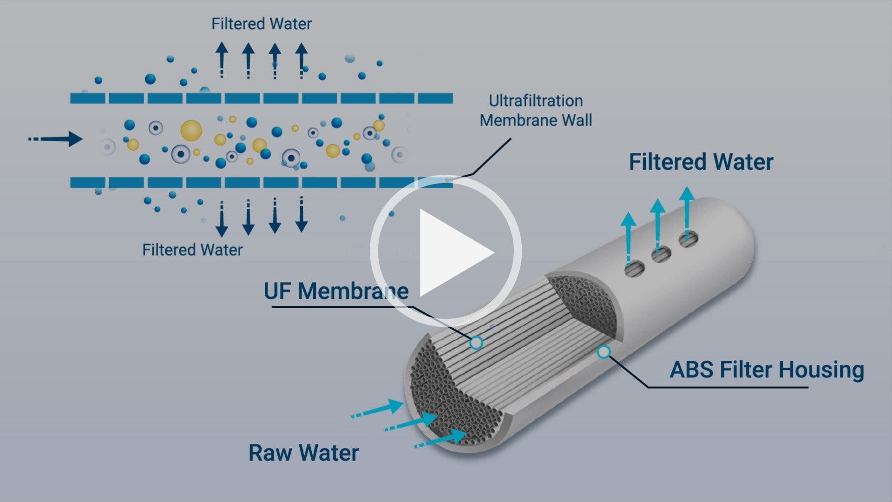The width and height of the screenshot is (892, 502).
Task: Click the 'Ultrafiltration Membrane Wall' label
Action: pyautogui.click(x=536, y=111)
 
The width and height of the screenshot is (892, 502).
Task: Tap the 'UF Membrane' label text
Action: pyautogui.click(x=336, y=291)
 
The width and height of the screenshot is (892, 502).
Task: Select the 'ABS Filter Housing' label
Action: pyautogui.click(x=767, y=370)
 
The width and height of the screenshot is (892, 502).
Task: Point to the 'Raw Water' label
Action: pyautogui.click(x=304, y=453)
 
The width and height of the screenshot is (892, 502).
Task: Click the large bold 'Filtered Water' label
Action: pyautogui.click(x=701, y=162)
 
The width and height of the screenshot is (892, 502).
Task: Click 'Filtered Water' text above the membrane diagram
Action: pyautogui.click(x=261, y=24)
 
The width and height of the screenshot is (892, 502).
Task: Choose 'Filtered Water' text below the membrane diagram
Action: pyautogui.click(x=192, y=250)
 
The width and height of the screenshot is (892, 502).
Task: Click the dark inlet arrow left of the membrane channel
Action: pyautogui.click(x=56, y=139)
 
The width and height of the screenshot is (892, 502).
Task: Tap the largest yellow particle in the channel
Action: pyautogui.click(x=191, y=131)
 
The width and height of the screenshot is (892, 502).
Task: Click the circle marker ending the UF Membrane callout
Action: pyautogui.click(x=476, y=343)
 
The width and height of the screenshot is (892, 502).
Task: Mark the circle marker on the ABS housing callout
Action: pyautogui.click(x=603, y=352)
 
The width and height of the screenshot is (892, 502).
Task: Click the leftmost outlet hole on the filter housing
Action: pyautogui.click(x=635, y=269)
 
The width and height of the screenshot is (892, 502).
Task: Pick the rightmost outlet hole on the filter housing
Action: pyautogui.click(x=688, y=239)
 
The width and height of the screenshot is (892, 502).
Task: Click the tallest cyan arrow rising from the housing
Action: pyautogui.click(x=687, y=211)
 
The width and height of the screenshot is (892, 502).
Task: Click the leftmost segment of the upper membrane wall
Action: pyautogui.click(x=88, y=98)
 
